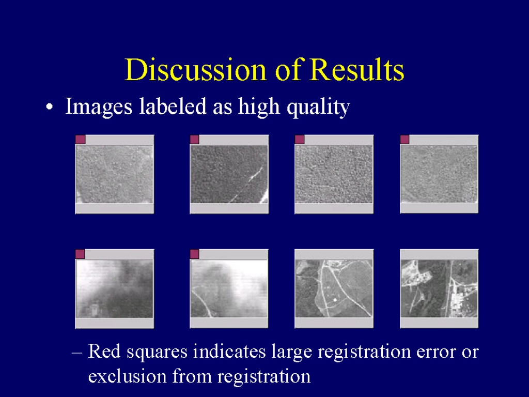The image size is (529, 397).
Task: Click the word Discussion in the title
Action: click(196, 70)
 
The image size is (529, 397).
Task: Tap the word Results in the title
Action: click(356, 70)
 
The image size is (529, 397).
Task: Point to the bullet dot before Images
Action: click(50, 107)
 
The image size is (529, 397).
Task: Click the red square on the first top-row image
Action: click(80, 140)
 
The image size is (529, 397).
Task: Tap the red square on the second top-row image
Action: click(195, 140)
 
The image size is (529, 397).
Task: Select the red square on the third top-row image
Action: click(300, 140)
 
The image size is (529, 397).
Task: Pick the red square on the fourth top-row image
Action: click(404, 140)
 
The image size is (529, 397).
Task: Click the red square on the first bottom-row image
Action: click(80, 254)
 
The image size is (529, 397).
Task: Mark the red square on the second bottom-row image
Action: click(195, 254)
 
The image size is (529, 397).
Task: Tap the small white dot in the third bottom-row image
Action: click(335, 300)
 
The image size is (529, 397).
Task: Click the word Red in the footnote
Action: click(104, 351)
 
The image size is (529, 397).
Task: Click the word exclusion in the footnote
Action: click(127, 376)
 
